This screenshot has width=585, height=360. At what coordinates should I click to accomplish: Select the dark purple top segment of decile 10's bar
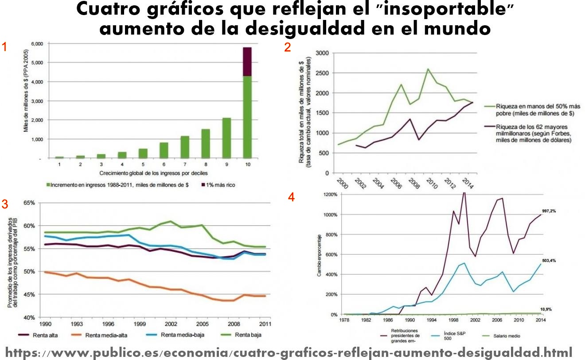click(x=247, y=61)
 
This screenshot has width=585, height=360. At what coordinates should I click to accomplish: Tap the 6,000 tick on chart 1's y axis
click(x=37, y=44)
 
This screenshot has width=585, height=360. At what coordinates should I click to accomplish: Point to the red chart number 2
click(x=288, y=47)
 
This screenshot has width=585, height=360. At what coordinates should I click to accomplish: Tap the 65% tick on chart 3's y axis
click(x=28, y=203)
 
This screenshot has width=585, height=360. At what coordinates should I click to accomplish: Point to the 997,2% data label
click(x=548, y=211)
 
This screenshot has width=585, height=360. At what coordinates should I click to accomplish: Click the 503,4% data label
click(x=548, y=261)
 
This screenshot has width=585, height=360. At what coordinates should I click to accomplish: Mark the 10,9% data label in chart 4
click(x=546, y=309)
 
